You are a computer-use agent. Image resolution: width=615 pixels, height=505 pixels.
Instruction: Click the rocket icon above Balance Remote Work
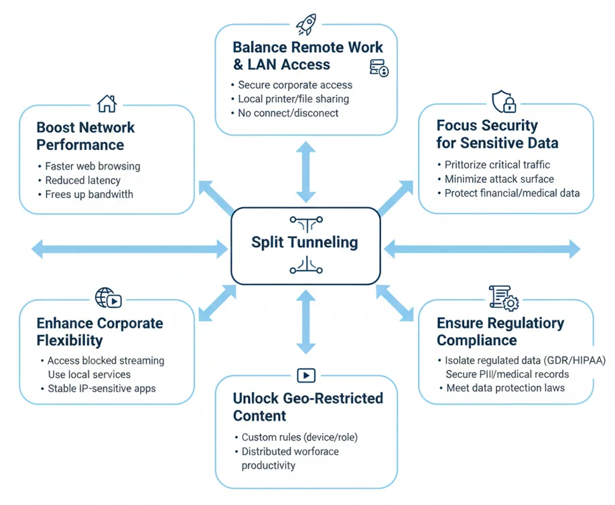pyautogui.click(x=306, y=25)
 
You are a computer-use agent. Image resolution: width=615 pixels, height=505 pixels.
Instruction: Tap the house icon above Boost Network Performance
pyautogui.click(x=107, y=103)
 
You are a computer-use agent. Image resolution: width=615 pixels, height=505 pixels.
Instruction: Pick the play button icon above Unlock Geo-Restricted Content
pyautogui.click(x=305, y=375)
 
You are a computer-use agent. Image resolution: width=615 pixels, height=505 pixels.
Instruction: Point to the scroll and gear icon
pyautogui.click(x=503, y=298)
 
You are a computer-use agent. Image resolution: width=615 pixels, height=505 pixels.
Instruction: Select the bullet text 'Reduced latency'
pyautogui.click(x=82, y=181)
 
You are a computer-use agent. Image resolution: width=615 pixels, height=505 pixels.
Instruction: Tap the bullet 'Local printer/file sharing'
pyautogui.click(x=293, y=99)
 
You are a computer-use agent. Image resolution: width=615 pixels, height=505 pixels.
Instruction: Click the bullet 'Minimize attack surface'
pyautogui.click(x=499, y=179)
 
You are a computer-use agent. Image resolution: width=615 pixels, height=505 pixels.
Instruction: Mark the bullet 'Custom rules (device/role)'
pyautogui.click(x=299, y=437)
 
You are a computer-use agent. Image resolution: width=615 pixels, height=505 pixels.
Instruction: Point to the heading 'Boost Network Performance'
pyautogui.click(x=85, y=136)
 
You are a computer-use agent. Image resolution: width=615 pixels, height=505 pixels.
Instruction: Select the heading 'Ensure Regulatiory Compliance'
pyautogui.click(x=500, y=331)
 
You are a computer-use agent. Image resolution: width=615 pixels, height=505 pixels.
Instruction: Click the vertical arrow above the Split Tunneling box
pyautogui.click(x=305, y=172)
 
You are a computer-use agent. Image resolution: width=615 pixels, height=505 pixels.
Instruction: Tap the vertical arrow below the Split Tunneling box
pyautogui.click(x=305, y=322)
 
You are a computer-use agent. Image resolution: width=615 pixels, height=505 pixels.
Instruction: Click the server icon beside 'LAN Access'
pyautogui.click(x=379, y=68)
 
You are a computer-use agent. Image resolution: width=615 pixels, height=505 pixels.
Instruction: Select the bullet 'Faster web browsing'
pyautogui.click(x=92, y=167)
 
